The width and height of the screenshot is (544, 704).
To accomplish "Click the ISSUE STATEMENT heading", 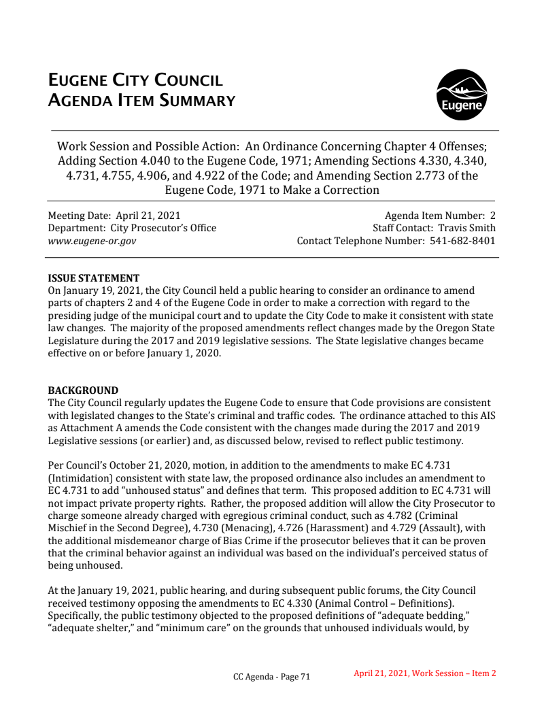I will (93, 278).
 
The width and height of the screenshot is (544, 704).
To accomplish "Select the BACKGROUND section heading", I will (83, 390).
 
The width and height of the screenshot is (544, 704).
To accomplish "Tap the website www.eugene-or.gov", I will (92, 241).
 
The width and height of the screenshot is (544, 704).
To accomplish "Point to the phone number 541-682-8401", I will (463, 241).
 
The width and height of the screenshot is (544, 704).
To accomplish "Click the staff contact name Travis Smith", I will (466, 228).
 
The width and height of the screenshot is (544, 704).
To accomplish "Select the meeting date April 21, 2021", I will (146, 216).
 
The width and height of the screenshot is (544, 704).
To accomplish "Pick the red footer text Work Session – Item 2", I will (454, 673).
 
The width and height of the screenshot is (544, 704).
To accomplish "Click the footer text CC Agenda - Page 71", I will (271, 677).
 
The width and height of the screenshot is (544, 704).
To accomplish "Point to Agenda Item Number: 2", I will (440, 216).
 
